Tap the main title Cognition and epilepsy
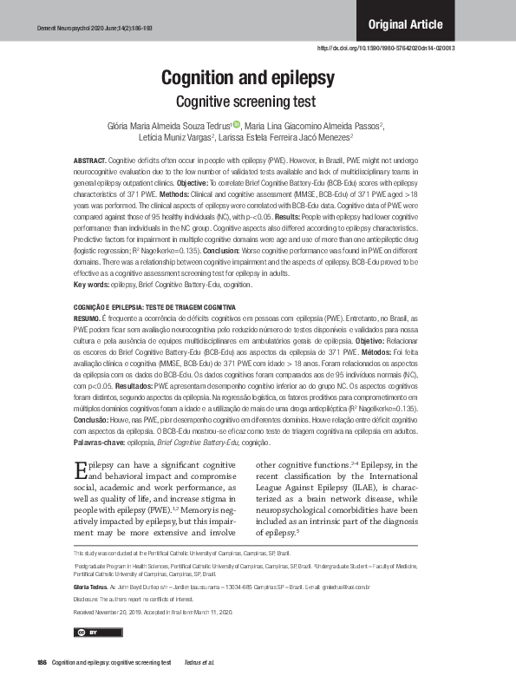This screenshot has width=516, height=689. pyautogui.click(x=248, y=79)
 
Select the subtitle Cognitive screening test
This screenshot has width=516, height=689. pyautogui.click(x=248, y=101)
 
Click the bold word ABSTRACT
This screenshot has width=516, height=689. pyautogui.click(x=89, y=161)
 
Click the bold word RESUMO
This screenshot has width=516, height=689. pyautogui.click(x=88, y=318)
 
